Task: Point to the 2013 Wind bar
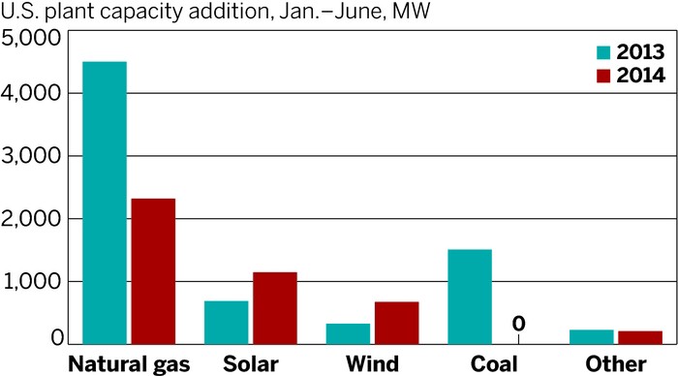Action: [x=349, y=333]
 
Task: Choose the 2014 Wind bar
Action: [x=397, y=323]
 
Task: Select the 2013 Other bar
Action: [x=592, y=336]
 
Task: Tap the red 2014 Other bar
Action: [x=640, y=337]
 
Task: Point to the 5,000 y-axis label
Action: [x=32, y=39]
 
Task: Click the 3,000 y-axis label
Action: [x=32, y=157]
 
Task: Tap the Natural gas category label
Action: [x=130, y=364]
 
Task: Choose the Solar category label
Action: [x=250, y=364]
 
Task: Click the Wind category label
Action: [x=373, y=364]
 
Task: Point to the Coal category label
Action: [x=494, y=364]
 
